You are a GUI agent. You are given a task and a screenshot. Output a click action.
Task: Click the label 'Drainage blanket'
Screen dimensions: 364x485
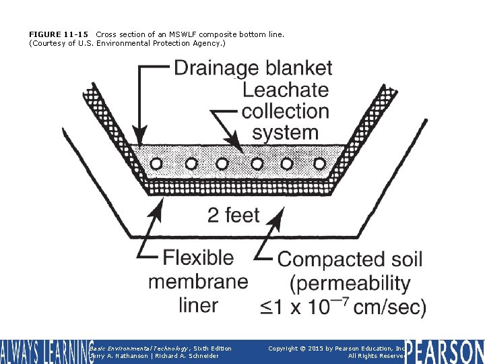tap(253, 68)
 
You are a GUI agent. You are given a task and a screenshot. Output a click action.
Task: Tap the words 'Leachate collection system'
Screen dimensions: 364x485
tap(286, 111)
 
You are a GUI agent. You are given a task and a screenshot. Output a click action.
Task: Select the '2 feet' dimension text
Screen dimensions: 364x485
tap(233, 216)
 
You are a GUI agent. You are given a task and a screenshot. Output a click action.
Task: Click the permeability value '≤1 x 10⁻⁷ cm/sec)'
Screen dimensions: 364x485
tap(343, 307)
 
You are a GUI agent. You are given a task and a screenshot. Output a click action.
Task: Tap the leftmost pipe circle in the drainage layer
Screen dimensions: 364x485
tap(157, 162)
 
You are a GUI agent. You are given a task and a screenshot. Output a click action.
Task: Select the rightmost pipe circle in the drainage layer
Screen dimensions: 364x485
tap(319, 162)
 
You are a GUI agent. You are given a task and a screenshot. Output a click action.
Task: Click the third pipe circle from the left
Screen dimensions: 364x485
tap(224, 162)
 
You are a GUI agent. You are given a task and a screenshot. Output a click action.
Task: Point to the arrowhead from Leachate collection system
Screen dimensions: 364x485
tap(238, 147)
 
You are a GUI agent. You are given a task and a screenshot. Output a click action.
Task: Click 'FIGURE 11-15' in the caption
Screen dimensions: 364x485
tap(59, 34)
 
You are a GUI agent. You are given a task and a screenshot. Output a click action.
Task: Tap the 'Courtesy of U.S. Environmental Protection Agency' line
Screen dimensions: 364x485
tap(127, 43)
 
